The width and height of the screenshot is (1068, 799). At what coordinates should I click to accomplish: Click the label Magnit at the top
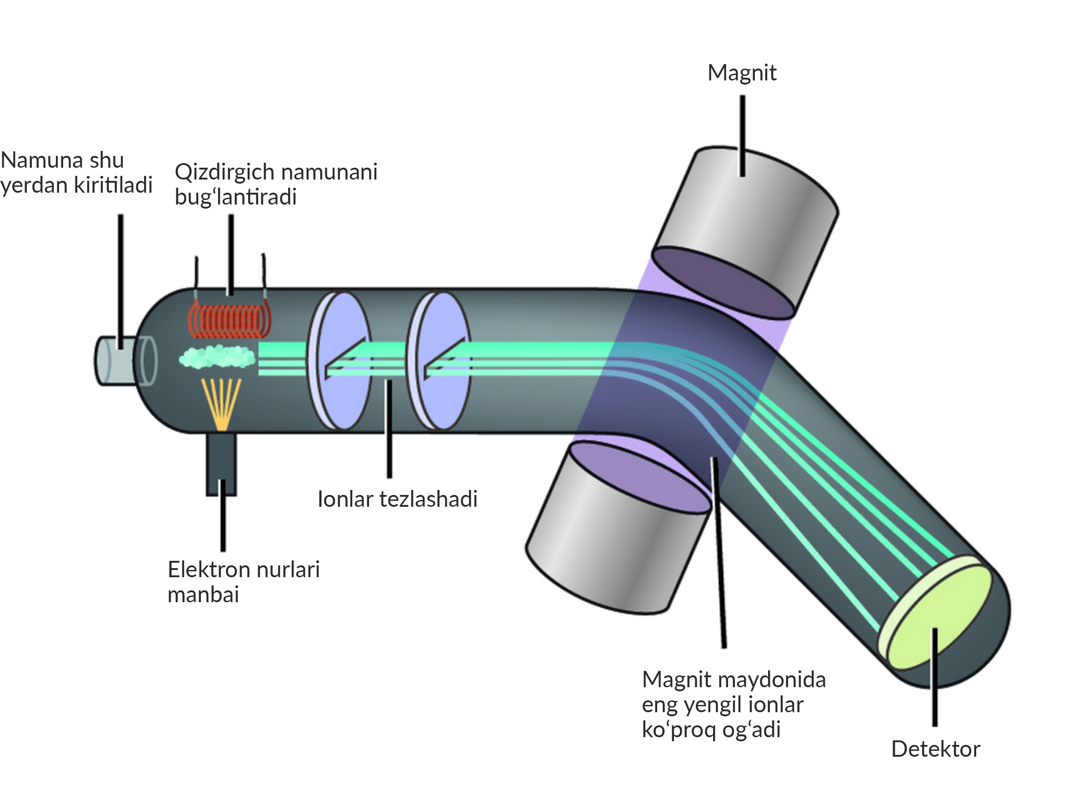tap(742, 73)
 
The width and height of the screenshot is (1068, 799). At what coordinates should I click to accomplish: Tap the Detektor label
tap(935, 749)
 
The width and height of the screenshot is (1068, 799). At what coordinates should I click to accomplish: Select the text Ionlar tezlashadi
tap(397, 499)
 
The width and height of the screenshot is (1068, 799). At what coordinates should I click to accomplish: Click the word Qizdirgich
tap(225, 172)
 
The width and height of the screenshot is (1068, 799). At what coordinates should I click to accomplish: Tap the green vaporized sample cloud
tap(217, 357)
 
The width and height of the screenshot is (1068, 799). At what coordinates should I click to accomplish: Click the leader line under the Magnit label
tap(743, 135)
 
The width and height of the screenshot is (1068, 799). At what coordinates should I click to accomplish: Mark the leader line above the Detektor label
tap(935, 676)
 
